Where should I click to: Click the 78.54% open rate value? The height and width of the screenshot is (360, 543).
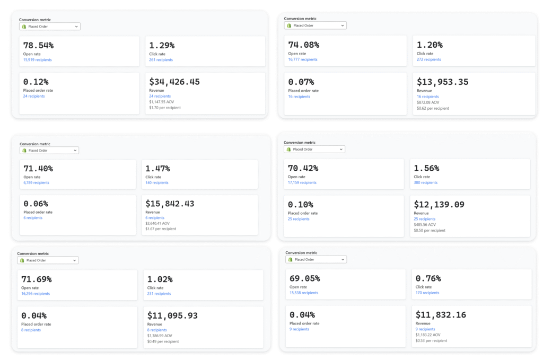(38, 46)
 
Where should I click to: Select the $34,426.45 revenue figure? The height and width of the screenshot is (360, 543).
(174, 82)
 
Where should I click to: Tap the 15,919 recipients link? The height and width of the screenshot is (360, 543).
(37, 60)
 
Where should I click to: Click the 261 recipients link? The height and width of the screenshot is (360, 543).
(161, 60)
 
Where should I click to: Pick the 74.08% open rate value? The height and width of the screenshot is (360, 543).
(303, 45)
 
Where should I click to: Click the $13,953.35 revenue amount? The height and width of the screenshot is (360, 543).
(442, 82)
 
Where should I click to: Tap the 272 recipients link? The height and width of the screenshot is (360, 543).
(428, 59)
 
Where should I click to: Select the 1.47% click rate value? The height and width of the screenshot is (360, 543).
(157, 169)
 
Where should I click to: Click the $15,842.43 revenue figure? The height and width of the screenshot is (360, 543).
(170, 204)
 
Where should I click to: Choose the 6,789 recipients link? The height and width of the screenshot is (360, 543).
(36, 183)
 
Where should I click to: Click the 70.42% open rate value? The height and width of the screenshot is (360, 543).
(303, 169)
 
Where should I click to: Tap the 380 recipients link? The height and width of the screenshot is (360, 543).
(425, 182)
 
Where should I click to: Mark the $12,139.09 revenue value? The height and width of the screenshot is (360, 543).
(439, 204)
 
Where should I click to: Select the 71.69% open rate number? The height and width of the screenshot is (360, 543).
(36, 279)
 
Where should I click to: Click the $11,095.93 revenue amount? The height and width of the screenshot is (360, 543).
(172, 315)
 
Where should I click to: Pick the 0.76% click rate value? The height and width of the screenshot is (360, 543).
(428, 278)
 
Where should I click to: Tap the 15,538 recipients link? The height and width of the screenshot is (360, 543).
(303, 293)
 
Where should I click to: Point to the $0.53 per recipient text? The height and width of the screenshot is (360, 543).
(432, 341)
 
